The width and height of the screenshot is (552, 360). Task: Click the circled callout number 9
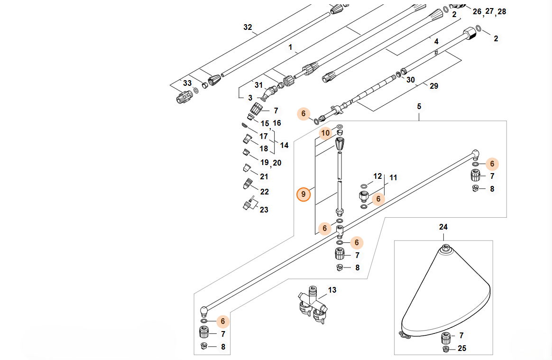point(303,194)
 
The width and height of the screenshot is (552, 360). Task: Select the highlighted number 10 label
point(325,133)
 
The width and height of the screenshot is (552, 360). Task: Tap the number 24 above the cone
point(443,227)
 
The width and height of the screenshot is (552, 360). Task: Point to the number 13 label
point(332,290)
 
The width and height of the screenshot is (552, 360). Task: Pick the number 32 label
point(248,28)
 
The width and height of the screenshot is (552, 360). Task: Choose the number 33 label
point(187,83)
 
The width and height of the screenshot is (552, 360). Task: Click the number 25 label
point(462,349)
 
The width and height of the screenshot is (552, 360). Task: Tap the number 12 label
point(377,176)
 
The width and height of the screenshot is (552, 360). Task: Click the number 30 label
point(411,80)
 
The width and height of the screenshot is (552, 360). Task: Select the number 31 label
point(258,85)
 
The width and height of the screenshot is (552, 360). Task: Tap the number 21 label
point(264,176)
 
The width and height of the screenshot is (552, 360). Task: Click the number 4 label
point(436,42)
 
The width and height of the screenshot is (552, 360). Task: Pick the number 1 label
point(291,47)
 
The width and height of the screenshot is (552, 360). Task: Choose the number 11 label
point(393,178)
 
